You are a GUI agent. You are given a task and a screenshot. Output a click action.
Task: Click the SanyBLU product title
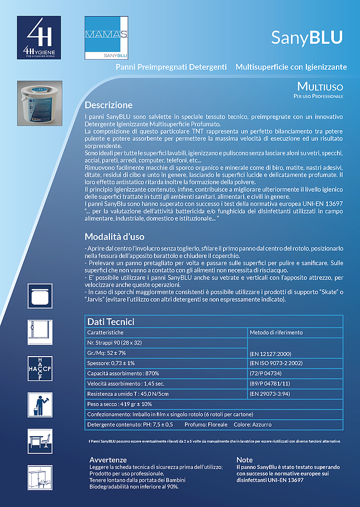coord(306,37)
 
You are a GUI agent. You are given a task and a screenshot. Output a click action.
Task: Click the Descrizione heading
coord(108,105)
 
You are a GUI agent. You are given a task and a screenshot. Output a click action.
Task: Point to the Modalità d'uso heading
coord(114,237)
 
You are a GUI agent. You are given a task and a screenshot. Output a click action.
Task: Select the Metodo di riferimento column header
coord(276,332)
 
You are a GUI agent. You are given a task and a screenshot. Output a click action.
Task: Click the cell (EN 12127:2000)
coord(270,353)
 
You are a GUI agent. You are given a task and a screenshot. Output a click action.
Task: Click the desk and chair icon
coord(39,441)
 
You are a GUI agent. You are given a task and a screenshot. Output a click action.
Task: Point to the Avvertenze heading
coord(108,459)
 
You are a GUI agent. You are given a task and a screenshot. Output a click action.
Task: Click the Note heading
coord(244,459)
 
